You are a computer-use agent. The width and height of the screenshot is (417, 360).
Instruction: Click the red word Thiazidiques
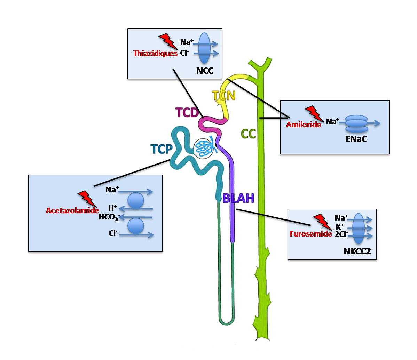click(155, 54)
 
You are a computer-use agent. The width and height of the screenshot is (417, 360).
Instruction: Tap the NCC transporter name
click(205, 71)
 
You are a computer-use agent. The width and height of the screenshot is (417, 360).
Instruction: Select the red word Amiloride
click(304, 125)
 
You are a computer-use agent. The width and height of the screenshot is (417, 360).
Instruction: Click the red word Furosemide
click(310, 234)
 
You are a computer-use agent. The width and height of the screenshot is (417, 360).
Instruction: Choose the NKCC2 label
click(357, 251)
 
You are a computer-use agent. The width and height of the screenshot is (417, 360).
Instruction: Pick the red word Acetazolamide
click(72, 210)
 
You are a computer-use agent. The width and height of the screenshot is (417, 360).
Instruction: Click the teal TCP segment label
click(162, 149)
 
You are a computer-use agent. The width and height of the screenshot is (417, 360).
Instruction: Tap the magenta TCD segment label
click(187, 113)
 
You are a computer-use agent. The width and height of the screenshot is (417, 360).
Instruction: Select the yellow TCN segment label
click(224, 95)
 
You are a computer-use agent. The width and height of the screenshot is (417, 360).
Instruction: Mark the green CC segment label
click(249, 134)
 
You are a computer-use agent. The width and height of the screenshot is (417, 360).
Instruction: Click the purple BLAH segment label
click(238, 198)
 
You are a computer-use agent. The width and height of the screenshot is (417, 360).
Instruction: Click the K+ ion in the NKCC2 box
click(340, 226)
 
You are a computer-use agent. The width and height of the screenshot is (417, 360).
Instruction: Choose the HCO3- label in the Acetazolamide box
click(109, 217)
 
